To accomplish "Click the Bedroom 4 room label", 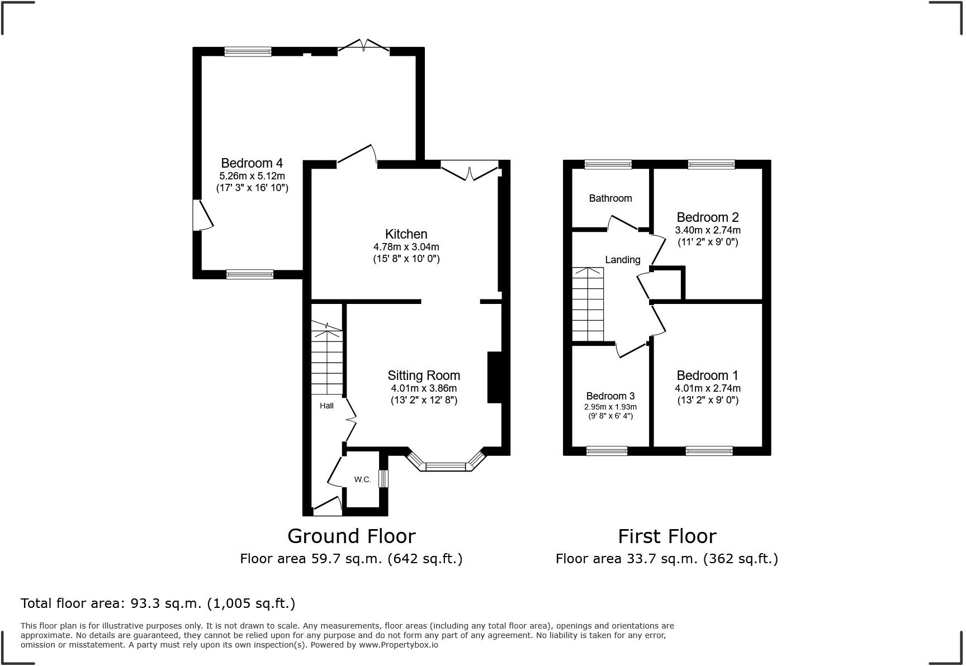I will click(x=252, y=163).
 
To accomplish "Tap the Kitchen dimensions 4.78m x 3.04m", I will click(x=406, y=247).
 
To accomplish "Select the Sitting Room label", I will click(x=424, y=375).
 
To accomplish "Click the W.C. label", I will click(x=362, y=479).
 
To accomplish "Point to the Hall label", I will click(x=326, y=406).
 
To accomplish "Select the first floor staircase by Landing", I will click(x=588, y=305).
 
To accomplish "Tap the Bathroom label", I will click(x=610, y=198).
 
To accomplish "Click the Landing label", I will click(x=622, y=260).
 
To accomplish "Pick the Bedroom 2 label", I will click(x=707, y=217).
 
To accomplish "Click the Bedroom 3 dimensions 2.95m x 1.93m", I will click(x=610, y=407).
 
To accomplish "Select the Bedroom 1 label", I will click(x=707, y=375).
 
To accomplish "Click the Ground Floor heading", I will click(x=351, y=536).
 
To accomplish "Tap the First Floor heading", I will click(x=666, y=536).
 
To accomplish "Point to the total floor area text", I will click(x=158, y=603).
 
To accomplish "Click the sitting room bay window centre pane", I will click(x=446, y=466).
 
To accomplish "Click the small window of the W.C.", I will click(x=383, y=479).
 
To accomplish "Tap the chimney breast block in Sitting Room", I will click(x=495, y=377).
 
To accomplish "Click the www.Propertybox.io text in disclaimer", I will click(x=398, y=645).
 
